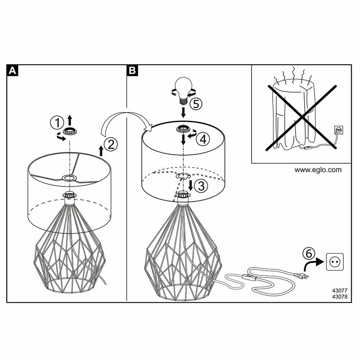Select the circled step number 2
[x=111, y=145]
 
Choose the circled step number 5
[x=196, y=104]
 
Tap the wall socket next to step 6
[x=333, y=261]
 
